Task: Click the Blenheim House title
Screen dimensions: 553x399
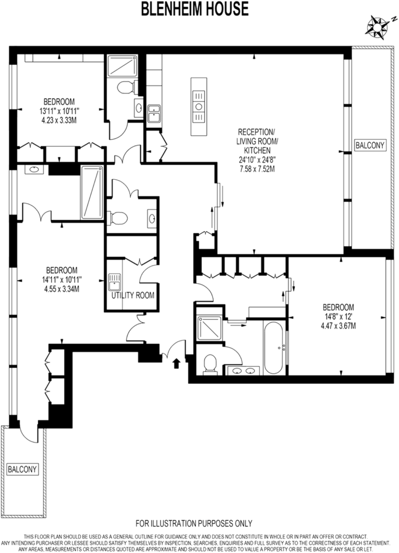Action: click(195, 9)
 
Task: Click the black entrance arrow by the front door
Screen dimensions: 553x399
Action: click(176, 363)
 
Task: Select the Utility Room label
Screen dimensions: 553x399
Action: click(133, 295)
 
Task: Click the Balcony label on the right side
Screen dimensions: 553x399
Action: click(370, 145)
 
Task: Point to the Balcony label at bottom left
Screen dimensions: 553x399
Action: click(22, 469)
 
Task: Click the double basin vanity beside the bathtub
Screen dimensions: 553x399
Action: click(243, 371)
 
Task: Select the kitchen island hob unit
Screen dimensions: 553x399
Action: click(199, 107)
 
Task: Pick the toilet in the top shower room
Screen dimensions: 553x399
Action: click(125, 87)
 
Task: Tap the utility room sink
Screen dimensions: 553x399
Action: click(114, 282)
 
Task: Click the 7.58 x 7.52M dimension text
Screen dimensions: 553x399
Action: click(257, 169)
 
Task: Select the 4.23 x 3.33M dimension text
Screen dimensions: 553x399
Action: click(59, 120)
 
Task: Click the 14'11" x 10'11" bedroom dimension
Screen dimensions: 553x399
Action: click(62, 280)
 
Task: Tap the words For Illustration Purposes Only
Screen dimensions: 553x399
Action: click(194, 523)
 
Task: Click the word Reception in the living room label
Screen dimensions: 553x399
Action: click(256, 132)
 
